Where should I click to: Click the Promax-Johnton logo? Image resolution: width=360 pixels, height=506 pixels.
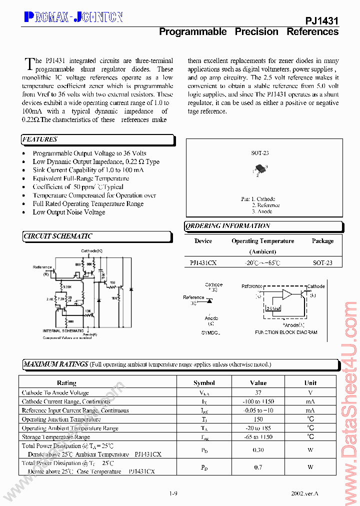tap(73, 17)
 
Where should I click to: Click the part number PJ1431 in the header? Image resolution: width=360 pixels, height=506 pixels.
tap(321, 20)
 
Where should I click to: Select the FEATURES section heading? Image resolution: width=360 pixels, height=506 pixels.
tap(40, 139)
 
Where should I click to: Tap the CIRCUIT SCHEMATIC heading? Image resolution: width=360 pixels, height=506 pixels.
tap(58, 236)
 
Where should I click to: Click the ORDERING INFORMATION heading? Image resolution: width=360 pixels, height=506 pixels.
tap(228, 226)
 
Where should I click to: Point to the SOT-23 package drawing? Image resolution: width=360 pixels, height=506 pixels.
tap(259, 169)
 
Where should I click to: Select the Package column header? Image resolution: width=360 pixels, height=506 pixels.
tap(322, 241)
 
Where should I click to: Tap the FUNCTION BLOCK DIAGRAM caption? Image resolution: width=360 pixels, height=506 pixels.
tap(286, 332)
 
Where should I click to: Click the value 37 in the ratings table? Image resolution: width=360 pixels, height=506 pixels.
tap(258, 393)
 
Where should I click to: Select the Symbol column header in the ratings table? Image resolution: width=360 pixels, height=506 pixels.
tap(204, 383)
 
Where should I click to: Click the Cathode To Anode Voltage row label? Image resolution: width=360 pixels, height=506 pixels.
tap(55, 393)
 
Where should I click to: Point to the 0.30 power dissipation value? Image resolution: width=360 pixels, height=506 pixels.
tap(258, 450)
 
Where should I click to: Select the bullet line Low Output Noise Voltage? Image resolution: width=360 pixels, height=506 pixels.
tap(69, 212)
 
